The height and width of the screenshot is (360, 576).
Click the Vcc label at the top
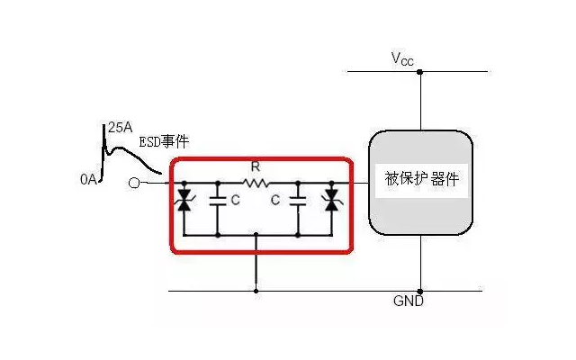(x=402, y=58)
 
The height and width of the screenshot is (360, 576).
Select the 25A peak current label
(x=120, y=128)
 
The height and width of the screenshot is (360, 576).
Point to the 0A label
(x=87, y=180)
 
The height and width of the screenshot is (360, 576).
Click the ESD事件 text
(x=164, y=143)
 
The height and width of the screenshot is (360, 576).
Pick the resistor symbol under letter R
(x=256, y=183)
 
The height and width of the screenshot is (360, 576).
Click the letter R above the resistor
(x=256, y=166)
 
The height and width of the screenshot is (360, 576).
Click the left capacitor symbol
(x=217, y=202)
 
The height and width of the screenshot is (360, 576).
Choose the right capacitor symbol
(x=298, y=202)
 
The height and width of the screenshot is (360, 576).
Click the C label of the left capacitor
(x=235, y=201)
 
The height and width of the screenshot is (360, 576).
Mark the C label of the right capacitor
(x=276, y=201)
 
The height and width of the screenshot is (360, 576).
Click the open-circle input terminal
(x=134, y=183)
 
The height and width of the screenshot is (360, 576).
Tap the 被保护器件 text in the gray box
(x=420, y=178)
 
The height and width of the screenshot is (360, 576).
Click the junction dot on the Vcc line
(x=420, y=71)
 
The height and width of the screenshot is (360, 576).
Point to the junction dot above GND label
(x=420, y=290)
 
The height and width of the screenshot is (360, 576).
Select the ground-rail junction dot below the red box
(x=256, y=290)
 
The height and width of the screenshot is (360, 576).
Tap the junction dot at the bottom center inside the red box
(x=256, y=235)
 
